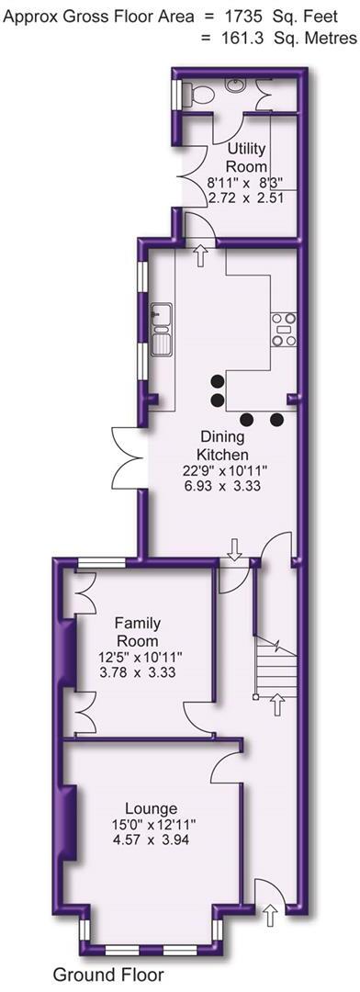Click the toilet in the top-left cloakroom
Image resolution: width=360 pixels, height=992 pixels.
pos(188,95)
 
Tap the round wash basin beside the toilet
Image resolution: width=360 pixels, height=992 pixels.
pos(236,86)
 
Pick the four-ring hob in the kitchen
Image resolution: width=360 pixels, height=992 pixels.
pos(283,330)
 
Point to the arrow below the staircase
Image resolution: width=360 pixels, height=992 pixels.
pos(277,705)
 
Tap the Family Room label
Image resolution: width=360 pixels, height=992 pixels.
pos(137,633)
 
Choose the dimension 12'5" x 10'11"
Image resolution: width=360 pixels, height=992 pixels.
pos(136,656)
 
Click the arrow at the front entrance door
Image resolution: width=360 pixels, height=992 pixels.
pos(270,915)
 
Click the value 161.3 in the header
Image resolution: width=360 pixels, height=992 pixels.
pos(238,38)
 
